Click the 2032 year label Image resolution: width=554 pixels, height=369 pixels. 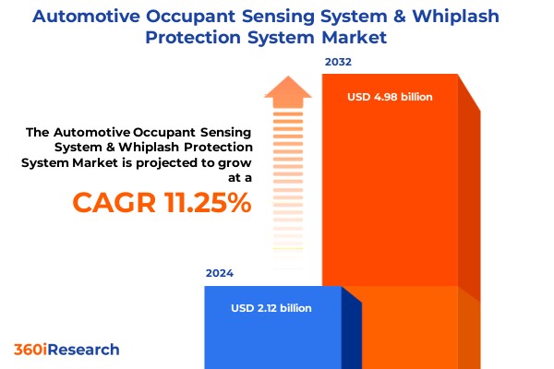click(338, 63)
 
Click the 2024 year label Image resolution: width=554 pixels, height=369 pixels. click(220, 274)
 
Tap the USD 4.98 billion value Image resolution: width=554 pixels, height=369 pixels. click(390, 97)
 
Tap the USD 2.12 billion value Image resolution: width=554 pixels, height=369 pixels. click(271, 308)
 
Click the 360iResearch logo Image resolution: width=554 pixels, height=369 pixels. click(66, 350)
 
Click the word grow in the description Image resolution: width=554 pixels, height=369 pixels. click(234, 162)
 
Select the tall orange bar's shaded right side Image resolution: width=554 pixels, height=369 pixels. click(469, 203)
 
